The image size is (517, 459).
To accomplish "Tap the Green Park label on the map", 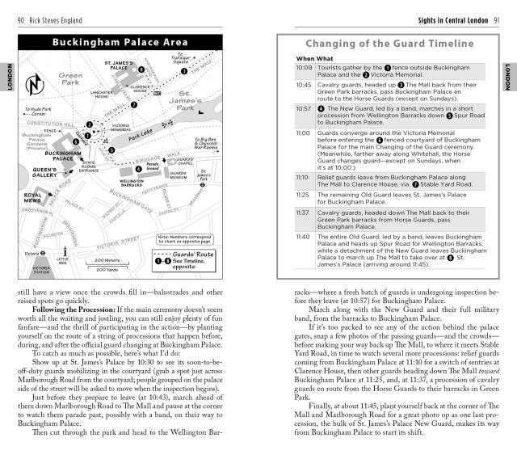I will tap(71, 82).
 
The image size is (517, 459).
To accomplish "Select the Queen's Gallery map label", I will tap(45, 171).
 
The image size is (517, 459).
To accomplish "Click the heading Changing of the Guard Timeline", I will tap(389, 43).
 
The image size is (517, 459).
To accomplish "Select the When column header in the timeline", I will tap(305, 59).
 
